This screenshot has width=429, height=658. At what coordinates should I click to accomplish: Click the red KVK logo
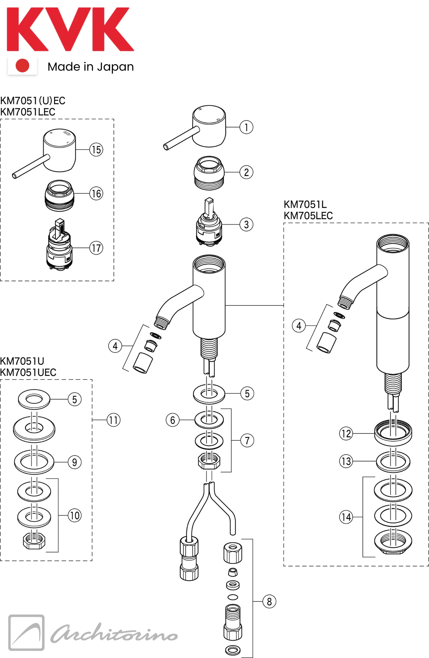70,29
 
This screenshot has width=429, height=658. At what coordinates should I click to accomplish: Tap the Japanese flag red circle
22,66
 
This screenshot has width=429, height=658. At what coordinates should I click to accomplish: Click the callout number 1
246,127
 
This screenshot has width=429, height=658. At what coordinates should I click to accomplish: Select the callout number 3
246,225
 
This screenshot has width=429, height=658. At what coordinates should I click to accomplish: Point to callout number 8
269,602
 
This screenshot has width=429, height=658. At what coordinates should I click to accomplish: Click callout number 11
114,420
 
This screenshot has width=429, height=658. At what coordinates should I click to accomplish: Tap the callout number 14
346,517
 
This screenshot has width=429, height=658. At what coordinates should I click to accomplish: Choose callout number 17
96,248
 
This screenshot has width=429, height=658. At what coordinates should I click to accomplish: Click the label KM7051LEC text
28,112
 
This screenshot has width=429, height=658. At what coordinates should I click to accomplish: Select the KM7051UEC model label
28,372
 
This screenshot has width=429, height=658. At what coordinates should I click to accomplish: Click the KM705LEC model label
308,216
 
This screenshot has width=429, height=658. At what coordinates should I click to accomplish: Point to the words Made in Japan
91,67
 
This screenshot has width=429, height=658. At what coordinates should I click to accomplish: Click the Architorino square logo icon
26,633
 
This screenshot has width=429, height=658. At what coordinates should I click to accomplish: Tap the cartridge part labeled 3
209,223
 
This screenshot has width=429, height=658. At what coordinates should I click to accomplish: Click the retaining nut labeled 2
209,173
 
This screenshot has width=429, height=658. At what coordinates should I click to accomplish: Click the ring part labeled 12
393,432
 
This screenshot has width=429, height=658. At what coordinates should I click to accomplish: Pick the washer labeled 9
34,462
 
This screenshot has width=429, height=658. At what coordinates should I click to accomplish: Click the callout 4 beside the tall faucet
299,326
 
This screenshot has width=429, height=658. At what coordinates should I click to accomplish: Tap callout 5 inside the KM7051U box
75,399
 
